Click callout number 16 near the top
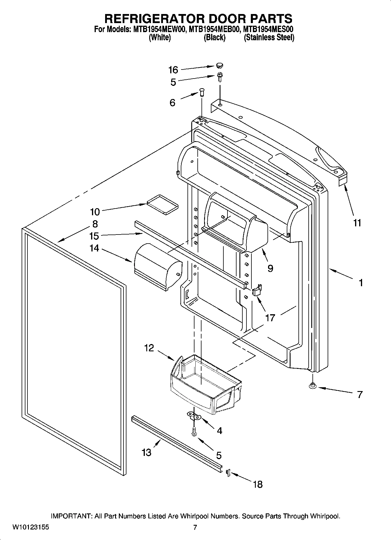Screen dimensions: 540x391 pyautogui.click(x=173, y=70)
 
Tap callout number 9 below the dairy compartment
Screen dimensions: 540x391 pyautogui.click(x=270, y=268)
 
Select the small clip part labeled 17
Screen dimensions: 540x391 pyautogui.click(x=257, y=291)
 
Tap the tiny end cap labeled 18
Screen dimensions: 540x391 pyautogui.click(x=228, y=472)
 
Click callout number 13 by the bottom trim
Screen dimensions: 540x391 pyautogui.click(x=146, y=452)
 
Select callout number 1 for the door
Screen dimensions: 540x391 pyautogui.click(x=361, y=282)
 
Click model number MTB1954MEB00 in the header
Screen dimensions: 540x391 pyautogui.click(x=213, y=29)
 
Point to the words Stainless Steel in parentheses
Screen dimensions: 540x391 pyautogui.click(x=269, y=38)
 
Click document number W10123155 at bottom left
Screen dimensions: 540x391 pyautogui.click(x=30, y=527)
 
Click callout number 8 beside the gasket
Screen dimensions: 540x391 pyautogui.click(x=95, y=224)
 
